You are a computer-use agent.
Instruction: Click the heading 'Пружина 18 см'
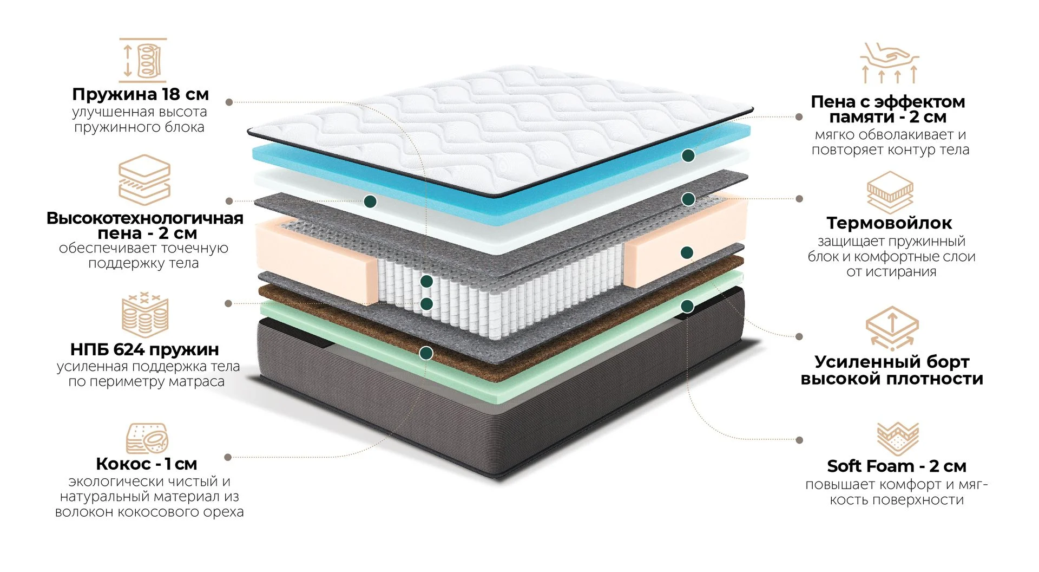pos(140,94)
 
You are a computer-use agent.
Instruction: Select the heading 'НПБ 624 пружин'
pos(144,349)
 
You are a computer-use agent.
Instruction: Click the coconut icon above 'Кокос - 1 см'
pos(147,438)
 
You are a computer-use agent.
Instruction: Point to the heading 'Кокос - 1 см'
pos(146,464)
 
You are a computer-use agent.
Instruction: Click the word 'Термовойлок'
pos(889,223)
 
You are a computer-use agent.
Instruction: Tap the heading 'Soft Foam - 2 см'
pos(896,466)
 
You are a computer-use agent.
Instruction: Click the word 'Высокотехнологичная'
pos(144,218)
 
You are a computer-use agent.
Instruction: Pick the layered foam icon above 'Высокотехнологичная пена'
pos(144,180)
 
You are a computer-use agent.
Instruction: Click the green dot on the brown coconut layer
pos(426,354)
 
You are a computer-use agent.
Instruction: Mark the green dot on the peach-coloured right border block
pos(687,252)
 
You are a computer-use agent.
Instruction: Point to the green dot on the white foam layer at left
pos(370,201)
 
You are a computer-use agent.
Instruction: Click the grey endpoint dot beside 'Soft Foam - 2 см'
pos(800,440)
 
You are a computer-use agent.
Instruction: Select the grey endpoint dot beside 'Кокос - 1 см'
pos(228,457)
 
